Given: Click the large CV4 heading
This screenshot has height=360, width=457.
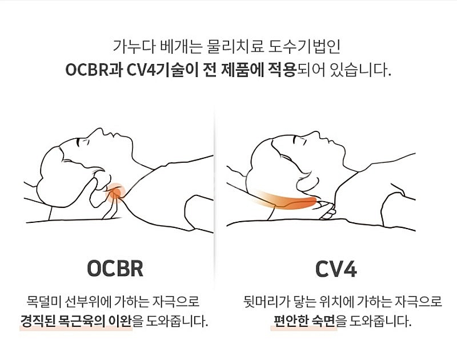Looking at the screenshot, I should point(336,269).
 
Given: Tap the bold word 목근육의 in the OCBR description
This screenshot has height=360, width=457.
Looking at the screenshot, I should point(86,320).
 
